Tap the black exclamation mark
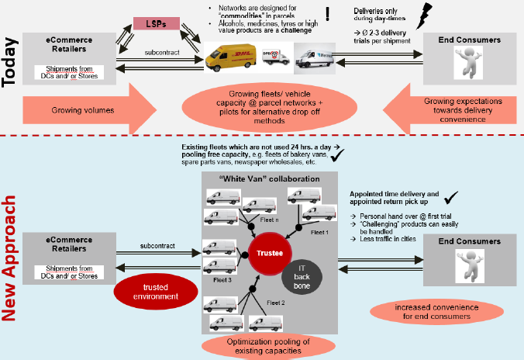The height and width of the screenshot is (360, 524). click(329, 14)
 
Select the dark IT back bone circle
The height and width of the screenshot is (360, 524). click(302, 275)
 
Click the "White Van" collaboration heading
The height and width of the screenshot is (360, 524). click(260, 178)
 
